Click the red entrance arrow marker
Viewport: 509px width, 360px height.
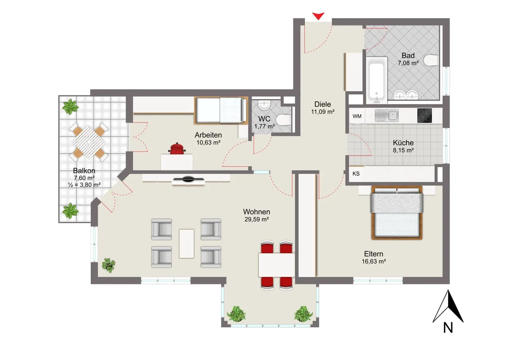318,16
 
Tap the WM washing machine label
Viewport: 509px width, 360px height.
357,117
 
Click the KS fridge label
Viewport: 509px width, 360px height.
356,174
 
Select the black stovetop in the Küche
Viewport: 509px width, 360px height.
424,116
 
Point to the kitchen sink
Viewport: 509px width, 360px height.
386,115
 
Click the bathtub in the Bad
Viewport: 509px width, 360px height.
377,80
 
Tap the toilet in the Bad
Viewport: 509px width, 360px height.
431,61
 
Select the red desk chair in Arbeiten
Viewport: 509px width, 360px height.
177,149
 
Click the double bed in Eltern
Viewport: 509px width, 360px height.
397,213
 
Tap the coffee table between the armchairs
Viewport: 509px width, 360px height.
187,243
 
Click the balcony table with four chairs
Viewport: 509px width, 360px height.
89,142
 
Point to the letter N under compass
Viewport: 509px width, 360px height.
448,328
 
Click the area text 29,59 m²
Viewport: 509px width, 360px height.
256,219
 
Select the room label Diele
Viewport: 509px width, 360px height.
322,104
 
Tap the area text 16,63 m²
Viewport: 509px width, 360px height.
374,261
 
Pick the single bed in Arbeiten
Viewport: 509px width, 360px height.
221,111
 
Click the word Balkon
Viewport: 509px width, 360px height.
84,171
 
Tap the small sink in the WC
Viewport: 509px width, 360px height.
264,105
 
